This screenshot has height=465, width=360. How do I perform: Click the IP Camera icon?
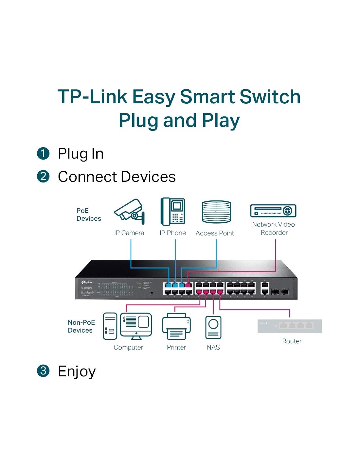coord(129,212)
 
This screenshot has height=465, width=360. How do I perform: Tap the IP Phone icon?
coord(173,212)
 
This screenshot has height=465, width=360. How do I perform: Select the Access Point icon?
coord(216,212)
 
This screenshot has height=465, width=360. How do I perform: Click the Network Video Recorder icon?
coord(273,211)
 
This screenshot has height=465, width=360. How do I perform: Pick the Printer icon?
coord(176,326)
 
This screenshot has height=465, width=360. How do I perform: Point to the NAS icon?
coord(213,327)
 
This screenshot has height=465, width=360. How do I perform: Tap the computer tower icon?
coord(110,326)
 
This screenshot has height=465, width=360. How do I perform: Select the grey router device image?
coord(290,326)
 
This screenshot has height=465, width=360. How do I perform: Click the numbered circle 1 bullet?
coord(43,153)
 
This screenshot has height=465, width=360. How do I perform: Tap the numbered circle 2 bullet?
coord(43,176)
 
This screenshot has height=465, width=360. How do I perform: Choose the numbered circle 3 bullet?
coord(43,371)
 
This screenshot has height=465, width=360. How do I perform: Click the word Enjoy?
coord(77,371)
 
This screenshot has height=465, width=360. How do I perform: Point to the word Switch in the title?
coord(270,97)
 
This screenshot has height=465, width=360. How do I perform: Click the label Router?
coord(292,341)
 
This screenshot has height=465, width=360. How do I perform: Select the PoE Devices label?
coord(89,215)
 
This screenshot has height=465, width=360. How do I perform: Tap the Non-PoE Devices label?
coord(81,326)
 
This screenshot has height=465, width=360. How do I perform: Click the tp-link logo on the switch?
coord(87,282)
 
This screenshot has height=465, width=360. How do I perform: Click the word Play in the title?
coord(221,120)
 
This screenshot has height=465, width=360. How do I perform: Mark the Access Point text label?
coord(215,233)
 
